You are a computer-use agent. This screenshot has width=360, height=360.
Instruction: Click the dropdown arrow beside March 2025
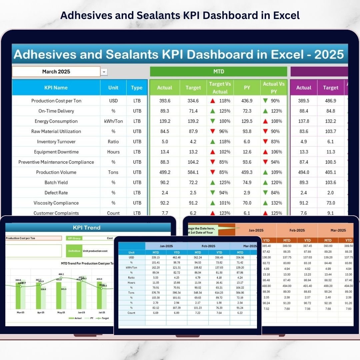[104, 72]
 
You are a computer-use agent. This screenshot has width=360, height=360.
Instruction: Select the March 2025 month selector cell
[56, 72]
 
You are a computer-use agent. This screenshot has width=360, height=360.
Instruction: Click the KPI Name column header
[56, 88]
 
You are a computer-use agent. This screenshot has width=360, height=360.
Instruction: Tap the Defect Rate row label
[56, 193]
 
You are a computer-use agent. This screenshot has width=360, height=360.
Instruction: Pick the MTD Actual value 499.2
[165, 172]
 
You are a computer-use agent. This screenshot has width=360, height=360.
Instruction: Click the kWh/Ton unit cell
[113, 121]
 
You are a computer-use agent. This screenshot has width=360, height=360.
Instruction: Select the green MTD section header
[218, 72]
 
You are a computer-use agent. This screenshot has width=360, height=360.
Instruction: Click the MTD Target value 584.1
[193, 172]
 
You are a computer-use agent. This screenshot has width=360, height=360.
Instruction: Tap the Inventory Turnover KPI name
[56, 142]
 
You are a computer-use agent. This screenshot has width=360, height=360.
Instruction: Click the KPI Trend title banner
[86, 228]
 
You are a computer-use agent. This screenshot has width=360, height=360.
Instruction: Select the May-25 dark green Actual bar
[59, 295]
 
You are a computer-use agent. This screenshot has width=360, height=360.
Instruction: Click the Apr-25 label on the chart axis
[41, 313]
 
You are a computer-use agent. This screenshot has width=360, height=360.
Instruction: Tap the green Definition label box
[74, 251]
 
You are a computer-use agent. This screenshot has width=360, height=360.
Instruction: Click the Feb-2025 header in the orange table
[297, 230]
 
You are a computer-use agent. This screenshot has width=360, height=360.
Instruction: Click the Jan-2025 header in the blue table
[166, 246]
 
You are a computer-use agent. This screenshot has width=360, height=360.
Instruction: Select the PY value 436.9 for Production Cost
[247, 101]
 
